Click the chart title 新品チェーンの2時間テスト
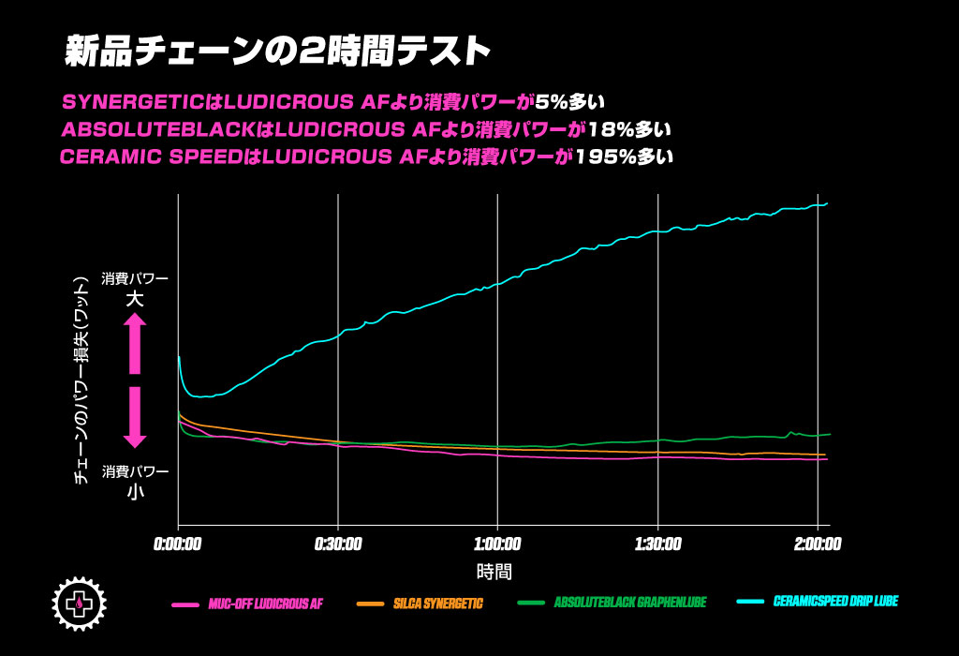point(278,52)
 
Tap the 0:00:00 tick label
point(178,544)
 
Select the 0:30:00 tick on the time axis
point(338,544)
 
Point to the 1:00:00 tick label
point(497,544)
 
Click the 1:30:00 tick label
point(657,544)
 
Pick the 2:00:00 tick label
point(818,544)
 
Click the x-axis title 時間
point(494,571)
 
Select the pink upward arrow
point(135,343)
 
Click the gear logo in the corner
point(80,603)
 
